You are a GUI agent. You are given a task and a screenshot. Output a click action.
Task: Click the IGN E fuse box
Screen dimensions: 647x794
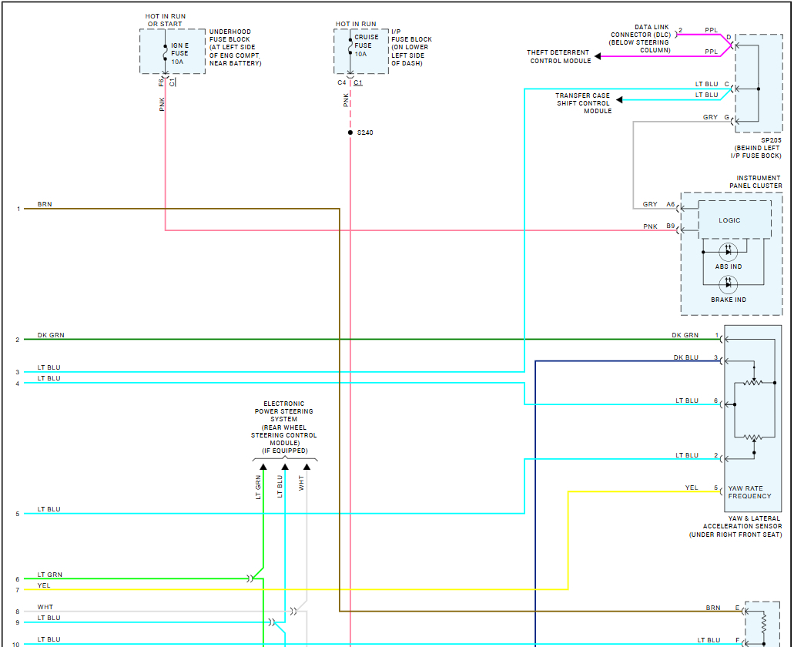point(173,52)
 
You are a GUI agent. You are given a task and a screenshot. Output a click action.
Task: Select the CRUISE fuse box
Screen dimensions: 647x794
point(360,51)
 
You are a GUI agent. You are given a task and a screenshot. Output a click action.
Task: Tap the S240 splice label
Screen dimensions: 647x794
point(365,132)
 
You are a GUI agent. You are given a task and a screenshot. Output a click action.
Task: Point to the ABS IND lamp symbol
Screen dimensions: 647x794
point(728,252)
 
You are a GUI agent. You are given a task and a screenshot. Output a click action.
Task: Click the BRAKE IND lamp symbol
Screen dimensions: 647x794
point(728,284)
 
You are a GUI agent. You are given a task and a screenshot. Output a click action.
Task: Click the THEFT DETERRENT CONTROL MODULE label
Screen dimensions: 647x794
point(559,57)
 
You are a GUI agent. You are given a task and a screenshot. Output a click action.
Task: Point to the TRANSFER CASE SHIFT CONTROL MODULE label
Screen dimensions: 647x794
point(584,103)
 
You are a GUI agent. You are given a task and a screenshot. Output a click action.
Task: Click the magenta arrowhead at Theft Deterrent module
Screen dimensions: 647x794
point(598,56)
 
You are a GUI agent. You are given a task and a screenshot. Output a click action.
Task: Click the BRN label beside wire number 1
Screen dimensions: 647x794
point(45,205)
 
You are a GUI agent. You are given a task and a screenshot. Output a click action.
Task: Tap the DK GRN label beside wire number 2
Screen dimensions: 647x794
point(51,336)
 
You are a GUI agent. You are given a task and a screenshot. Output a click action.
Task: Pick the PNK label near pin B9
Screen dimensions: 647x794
point(651,226)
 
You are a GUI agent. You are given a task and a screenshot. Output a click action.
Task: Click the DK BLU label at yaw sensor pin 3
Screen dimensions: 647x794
point(685,357)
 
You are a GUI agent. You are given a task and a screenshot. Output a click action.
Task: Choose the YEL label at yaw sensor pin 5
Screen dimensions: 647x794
point(692,488)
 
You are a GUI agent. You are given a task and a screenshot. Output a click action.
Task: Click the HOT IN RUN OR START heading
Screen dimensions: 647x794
point(166,20)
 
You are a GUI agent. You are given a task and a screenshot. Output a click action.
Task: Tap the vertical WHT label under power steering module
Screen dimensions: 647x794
point(302,483)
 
